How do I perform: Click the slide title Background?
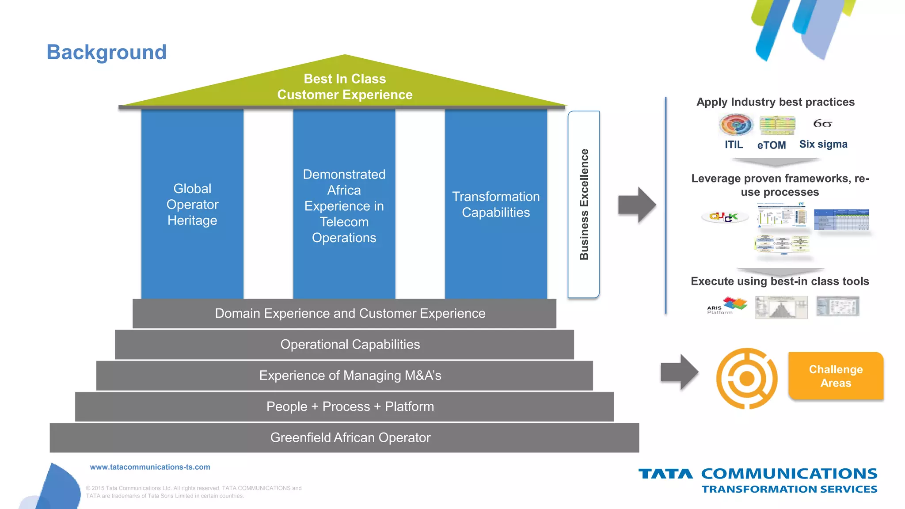tap(106, 52)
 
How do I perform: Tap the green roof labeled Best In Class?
tap(345, 87)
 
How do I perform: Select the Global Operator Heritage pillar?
tap(192, 204)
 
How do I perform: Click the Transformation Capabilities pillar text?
tap(496, 204)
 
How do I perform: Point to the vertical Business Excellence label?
tap(584, 204)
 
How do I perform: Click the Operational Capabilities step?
tap(350, 344)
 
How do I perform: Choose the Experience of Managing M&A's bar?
tap(350, 376)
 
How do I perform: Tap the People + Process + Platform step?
tap(350, 406)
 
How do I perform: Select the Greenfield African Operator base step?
tap(350, 437)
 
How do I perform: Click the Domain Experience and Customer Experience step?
tap(350, 313)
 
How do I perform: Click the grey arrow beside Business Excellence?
tap(637, 205)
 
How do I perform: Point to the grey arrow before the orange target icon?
tap(679, 372)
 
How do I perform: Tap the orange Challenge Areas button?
tap(836, 376)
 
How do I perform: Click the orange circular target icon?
tap(747, 378)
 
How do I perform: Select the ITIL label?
tap(734, 144)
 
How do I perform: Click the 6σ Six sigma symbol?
tap(822, 124)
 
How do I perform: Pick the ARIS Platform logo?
tap(726, 306)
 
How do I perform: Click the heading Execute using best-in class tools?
tap(780, 281)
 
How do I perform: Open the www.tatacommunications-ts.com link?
tap(150, 467)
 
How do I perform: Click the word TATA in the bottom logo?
tap(665, 474)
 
